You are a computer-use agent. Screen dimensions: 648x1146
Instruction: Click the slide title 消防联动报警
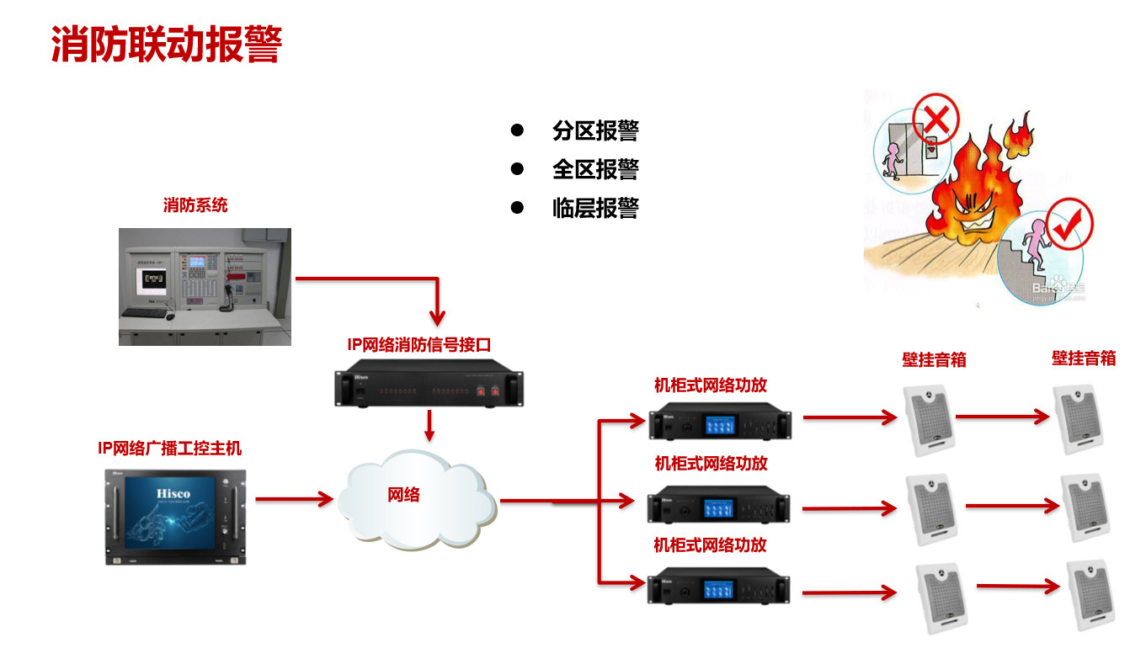(166, 45)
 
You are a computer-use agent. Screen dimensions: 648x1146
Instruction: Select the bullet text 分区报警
(595, 130)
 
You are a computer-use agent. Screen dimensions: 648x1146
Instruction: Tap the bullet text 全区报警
(595, 169)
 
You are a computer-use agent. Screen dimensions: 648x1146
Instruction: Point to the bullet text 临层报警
(595, 208)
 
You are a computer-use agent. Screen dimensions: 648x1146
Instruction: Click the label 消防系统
(195, 204)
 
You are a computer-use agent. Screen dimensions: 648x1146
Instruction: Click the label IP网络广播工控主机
(170, 449)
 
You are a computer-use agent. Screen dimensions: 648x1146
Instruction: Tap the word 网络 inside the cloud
(403, 495)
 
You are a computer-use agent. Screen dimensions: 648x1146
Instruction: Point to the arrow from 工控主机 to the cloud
(294, 499)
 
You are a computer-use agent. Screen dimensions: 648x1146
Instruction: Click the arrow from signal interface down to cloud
(429, 425)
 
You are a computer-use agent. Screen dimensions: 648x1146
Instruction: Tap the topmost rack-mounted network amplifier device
(720, 422)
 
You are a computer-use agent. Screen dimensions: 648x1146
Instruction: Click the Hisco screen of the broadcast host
(174, 516)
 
